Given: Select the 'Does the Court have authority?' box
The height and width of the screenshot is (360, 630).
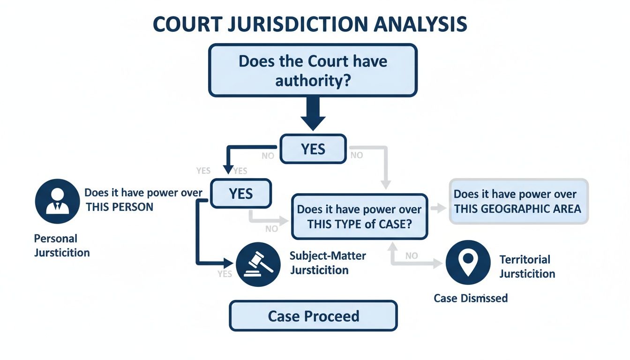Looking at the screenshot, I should [313, 70].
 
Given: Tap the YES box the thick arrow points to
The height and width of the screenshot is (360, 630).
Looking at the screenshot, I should [313, 149].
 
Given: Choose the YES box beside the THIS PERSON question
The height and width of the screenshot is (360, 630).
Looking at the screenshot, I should [240, 194].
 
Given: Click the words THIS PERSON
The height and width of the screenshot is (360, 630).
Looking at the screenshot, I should [120, 207].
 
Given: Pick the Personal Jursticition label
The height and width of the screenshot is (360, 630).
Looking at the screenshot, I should [61, 246].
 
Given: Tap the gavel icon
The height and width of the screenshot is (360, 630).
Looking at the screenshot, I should [259, 265].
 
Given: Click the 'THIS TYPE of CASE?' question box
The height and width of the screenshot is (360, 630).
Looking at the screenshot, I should [360, 217].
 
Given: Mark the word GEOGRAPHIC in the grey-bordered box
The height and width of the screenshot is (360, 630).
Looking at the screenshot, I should [515, 209].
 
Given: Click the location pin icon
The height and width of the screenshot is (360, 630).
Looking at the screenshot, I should [468, 262].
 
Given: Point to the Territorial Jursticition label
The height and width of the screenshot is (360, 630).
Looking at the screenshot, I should [526, 266].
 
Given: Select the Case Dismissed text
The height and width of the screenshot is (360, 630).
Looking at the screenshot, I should [470, 298].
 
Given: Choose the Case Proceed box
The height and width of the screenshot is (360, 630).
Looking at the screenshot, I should [313, 316].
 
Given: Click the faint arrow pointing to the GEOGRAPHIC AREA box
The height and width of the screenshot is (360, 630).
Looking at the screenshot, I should [438, 209].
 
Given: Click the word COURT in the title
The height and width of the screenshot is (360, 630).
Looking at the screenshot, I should [187, 24].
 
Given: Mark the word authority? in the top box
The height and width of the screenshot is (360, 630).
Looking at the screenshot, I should [313, 81].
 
